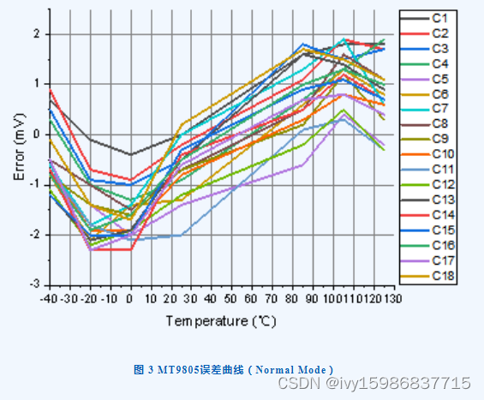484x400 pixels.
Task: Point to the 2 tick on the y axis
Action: tap(37, 33)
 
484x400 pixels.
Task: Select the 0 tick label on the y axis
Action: tap(37, 134)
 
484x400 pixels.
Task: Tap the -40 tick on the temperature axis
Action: tap(49, 298)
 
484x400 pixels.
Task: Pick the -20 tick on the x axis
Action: tap(89, 298)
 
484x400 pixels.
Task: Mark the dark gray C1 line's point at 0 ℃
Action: tap(130, 154)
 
